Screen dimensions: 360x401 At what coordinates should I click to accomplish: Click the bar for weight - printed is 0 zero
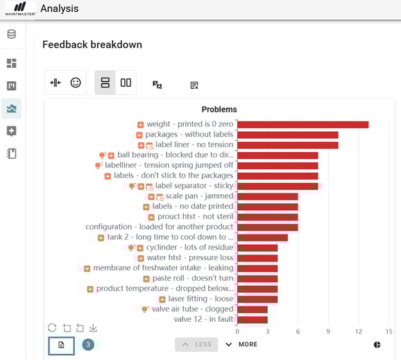point(302,125)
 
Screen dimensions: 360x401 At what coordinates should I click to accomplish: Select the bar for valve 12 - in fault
point(253,320)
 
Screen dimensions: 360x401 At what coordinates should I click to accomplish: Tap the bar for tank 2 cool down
point(262,237)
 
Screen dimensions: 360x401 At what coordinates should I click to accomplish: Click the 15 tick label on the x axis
point(389,332)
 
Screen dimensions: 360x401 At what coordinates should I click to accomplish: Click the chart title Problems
point(219,110)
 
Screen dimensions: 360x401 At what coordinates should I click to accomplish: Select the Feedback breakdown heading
point(92,44)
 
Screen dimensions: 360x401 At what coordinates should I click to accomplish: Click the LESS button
point(196,344)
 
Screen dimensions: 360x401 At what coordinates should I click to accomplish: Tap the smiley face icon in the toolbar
point(76,83)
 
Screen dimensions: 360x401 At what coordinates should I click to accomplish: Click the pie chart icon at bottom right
point(377,344)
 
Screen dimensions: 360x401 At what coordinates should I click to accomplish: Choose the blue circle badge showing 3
point(88,344)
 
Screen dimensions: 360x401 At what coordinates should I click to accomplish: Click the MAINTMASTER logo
point(20,9)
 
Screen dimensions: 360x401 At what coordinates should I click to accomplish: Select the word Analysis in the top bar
point(60,9)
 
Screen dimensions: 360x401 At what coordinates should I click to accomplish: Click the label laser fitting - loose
point(201,299)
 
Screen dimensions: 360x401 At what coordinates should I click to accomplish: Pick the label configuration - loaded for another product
point(160,227)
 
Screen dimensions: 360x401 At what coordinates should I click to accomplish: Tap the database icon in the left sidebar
point(12,34)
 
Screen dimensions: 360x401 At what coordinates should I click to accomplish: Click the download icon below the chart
point(93,327)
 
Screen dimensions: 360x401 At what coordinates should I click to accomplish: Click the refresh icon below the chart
point(52,327)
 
